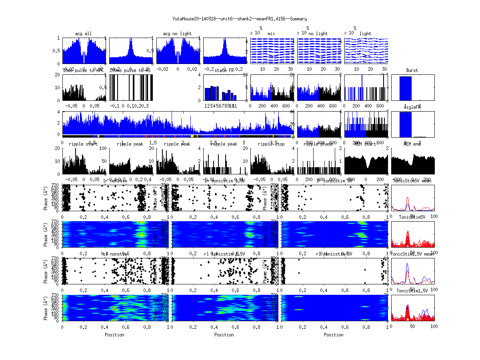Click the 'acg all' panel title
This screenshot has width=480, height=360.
[x=83, y=34]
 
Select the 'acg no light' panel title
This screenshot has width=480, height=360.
[x=177, y=34]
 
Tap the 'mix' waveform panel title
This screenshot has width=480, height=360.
[x=272, y=34]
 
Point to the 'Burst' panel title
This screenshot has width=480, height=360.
[x=412, y=70]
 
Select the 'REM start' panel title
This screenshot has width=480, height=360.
[x=365, y=144]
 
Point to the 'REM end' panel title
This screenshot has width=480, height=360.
[x=412, y=144]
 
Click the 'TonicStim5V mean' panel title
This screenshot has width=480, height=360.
[x=412, y=181]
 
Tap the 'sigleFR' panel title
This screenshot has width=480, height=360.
[x=412, y=107]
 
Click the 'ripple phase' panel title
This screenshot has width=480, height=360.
[x=318, y=144]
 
